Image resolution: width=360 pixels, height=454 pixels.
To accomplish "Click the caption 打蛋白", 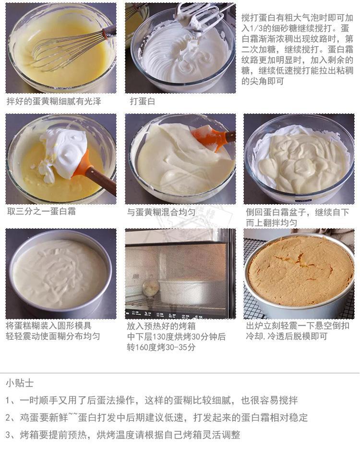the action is point(143,101).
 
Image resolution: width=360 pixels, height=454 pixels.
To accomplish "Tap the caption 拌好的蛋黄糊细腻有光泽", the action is point(54,101).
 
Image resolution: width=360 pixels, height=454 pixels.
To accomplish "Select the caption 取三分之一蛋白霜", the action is point(41,211).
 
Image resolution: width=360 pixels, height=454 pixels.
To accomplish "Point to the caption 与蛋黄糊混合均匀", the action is point(161,212).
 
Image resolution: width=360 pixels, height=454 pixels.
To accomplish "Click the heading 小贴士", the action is point(20,383).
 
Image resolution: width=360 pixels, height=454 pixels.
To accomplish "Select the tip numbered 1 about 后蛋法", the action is point(152,400).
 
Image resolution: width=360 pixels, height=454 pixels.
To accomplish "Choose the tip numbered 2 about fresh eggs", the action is point(156,417).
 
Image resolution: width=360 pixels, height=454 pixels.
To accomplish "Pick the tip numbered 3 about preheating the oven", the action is point(123,435).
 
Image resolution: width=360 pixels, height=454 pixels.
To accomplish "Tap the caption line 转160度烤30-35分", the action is point(161,347).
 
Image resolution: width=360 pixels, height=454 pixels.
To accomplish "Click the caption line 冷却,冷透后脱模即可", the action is point(287,336).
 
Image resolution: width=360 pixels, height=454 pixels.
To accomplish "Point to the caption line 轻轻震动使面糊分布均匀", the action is point(53,336).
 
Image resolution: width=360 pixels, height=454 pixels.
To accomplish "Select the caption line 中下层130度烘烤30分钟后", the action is point(176,336).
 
